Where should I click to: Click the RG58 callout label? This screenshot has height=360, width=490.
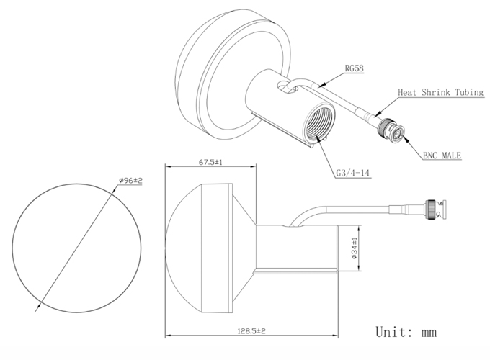click(x=354, y=68)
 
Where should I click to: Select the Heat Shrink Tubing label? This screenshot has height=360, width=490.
click(x=440, y=92)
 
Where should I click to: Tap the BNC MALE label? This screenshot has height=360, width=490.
click(x=442, y=156)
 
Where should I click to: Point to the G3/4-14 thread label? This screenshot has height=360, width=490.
click(x=353, y=173)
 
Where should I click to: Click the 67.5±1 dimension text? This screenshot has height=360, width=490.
click(x=210, y=162)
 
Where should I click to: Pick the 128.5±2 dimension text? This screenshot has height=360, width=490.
click(x=251, y=331)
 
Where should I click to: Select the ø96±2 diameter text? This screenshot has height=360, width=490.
click(x=130, y=181)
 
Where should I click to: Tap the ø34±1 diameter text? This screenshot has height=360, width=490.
click(x=354, y=248)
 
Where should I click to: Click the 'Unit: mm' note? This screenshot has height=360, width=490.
click(x=406, y=332)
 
